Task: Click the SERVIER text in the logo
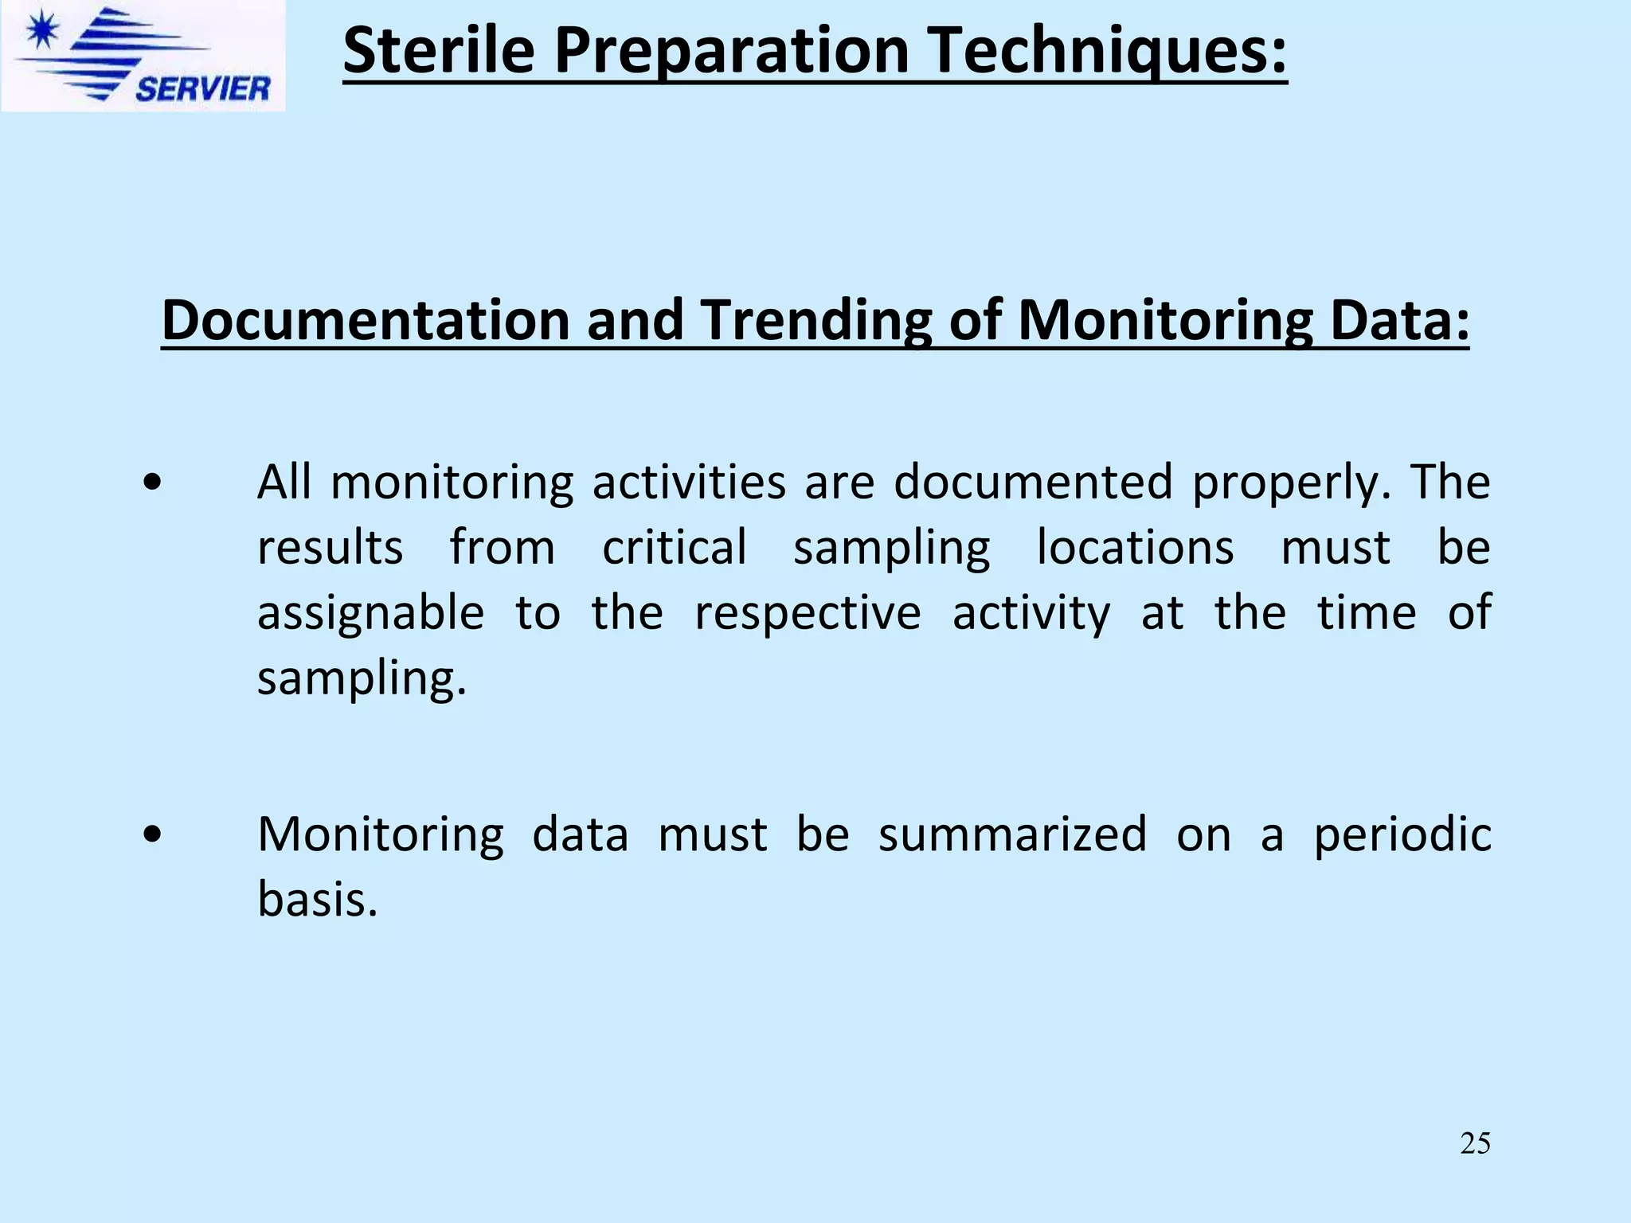tap(202, 88)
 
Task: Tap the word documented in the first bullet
tap(1033, 483)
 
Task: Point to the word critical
tap(675, 548)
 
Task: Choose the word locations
tap(1135, 548)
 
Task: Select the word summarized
tap(1012, 834)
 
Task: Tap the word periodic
tap(1402, 836)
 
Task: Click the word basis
tap(317, 900)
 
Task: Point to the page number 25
tap(1475, 1143)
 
